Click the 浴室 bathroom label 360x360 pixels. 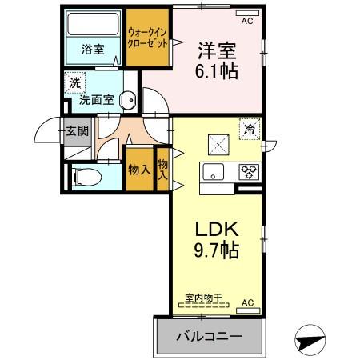pyautogui.click(x=91, y=49)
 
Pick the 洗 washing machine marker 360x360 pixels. pyautogui.click(x=74, y=83)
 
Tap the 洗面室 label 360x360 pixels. pyautogui.click(x=96, y=102)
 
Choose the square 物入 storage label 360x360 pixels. pyautogui.click(x=139, y=169)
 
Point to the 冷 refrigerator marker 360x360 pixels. pyautogui.click(x=250, y=127)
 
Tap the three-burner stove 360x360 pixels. pyautogui.click(x=247, y=170)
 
